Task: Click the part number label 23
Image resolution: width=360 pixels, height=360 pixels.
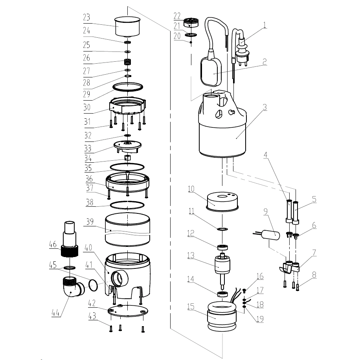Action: click(86, 17)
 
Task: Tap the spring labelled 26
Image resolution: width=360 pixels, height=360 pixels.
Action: click(128, 62)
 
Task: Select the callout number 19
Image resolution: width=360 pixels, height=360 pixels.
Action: click(260, 319)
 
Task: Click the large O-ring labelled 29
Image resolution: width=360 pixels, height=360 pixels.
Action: click(128, 86)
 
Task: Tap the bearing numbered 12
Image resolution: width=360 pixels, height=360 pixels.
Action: click(223, 248)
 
